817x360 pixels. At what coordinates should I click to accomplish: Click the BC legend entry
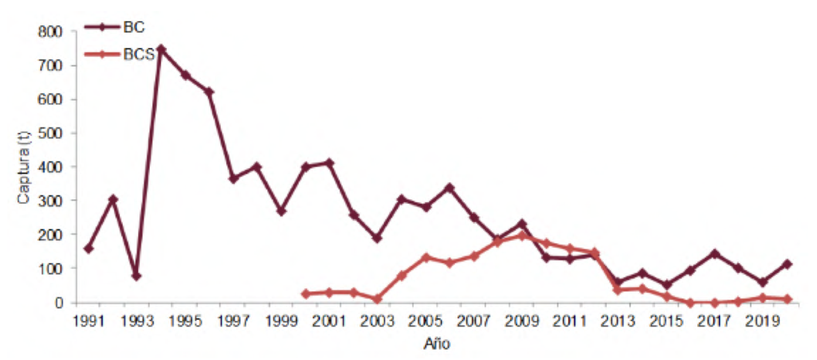point(115,27)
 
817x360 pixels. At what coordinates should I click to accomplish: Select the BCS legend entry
point(120,54)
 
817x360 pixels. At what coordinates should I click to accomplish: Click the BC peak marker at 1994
point(161,49)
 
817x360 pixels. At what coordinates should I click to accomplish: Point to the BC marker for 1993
point(137,276)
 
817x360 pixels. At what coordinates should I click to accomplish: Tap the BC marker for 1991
point(89,249)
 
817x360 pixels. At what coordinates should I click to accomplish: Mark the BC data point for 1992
point(113,199)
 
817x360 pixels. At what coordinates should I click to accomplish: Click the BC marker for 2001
point(329,162)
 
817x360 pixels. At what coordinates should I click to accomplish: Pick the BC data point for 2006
point(449,187)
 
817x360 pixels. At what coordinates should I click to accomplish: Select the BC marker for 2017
point(714,253)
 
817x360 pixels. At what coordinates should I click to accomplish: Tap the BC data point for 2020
point(787,264)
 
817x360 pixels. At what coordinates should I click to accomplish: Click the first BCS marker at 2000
point(305,294)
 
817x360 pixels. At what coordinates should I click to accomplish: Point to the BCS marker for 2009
point(522,236)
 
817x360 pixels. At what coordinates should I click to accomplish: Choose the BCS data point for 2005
point(426,257)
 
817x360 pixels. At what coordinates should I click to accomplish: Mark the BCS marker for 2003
point(378,299)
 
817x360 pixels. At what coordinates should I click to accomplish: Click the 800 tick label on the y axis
point(50,32)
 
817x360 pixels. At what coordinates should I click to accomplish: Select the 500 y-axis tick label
point(50,133)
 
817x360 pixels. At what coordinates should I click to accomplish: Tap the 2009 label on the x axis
point(521,321)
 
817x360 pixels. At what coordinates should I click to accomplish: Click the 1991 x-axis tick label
point(89,321)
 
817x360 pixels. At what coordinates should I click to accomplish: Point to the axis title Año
point(437,343)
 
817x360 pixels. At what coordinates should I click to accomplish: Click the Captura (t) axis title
point(23,167)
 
